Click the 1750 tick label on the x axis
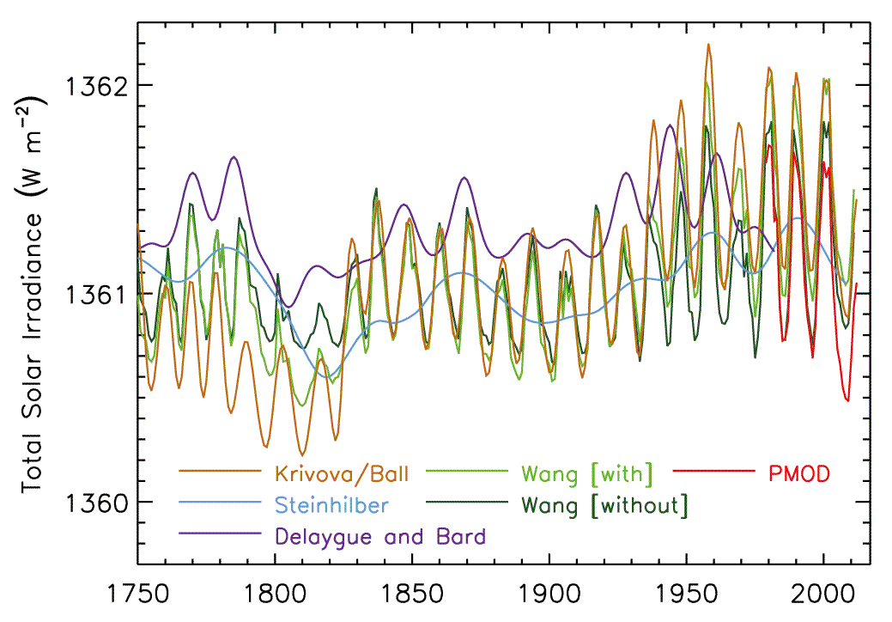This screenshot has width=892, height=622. [138, 595]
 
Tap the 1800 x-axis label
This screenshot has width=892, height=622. [276, 595]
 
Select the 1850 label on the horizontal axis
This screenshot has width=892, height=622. [412, 595]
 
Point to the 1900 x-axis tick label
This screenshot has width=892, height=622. [549, 595]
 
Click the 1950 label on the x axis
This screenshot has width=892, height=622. [687, 595]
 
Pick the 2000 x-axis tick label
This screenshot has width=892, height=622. [823, 595]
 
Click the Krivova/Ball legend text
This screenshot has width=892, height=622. [342, 474]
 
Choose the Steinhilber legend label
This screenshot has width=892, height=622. [331, 505]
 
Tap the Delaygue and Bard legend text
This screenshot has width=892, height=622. [380, 537]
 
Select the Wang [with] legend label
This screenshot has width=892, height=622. [586, 474]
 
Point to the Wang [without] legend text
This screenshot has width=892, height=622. [604, 505]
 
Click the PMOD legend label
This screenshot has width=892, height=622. [799, 473]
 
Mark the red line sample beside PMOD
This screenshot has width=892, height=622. [714, 471]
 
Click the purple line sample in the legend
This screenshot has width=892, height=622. [220, 534]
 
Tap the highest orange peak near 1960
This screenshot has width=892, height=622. [708, 44]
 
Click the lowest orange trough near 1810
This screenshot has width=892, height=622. [302, 455]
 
